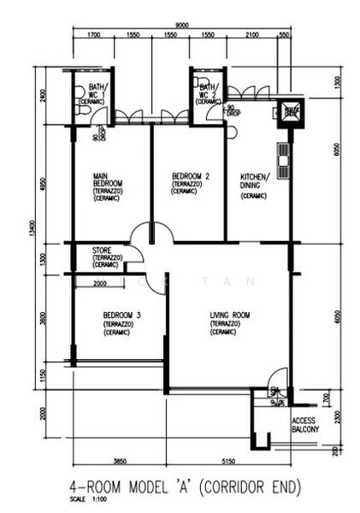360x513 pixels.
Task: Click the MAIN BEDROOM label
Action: click(x=108, y=184)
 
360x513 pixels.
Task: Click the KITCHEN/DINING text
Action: click(x=255, y=185)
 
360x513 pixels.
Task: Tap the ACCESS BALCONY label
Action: click(x=305, y=425)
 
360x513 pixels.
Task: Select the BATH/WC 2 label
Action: click(x=209, y=91)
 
